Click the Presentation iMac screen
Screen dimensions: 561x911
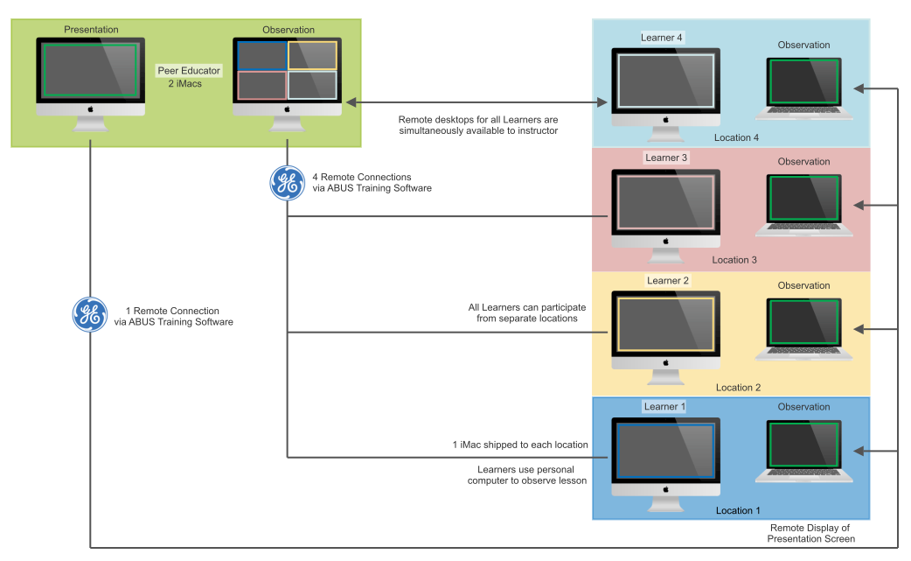[x=91, y=70]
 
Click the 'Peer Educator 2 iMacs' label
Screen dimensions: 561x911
[x=189, y=77]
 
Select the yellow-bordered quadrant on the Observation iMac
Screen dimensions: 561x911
[x=313, y=56]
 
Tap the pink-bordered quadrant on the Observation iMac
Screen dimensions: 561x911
[x=262, y=86]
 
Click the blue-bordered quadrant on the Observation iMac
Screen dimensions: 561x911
[x=262, y=56]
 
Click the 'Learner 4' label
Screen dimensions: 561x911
[x=662, y=38]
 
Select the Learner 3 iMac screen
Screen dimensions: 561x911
[x=664, y=201]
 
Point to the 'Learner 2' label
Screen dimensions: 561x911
[x=668, y=281]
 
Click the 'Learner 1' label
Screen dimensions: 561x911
[x=664, y=407]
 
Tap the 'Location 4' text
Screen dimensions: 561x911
[x=736, y=137]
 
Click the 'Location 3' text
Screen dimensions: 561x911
[x=734, y=260]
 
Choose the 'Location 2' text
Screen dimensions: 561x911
[x=738, y=388]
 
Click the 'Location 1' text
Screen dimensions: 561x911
[x=738, y=510]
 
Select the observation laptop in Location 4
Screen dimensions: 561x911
[x=804, y=88]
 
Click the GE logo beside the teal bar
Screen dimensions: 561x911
[x=287, y=184]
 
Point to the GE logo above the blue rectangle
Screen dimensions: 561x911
[x=89, y=315]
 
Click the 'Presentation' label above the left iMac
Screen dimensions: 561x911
[x=91, y=30]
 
